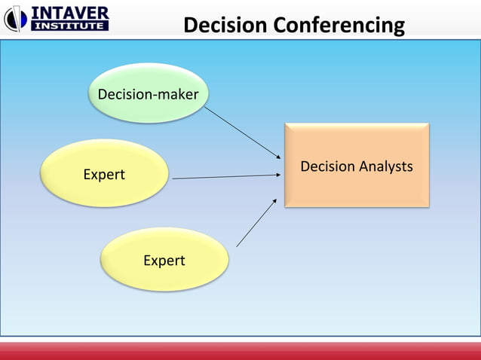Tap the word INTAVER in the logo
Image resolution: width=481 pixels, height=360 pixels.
point(69,12)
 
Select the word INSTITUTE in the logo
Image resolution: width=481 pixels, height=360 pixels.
point(69,26)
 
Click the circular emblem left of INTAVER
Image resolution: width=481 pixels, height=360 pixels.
point(15,19)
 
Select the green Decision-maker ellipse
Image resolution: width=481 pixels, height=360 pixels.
point(149,93)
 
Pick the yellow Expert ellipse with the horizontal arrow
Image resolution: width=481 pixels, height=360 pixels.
point(103,173)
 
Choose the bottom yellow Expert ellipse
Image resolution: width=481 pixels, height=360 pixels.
point(164,260)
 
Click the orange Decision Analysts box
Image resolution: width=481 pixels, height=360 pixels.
point(356,166)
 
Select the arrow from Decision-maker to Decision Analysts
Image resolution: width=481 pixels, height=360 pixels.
point(240,133)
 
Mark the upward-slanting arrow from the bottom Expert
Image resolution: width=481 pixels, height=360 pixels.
point(256,223)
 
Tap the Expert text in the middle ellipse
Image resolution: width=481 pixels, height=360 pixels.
point(104,175)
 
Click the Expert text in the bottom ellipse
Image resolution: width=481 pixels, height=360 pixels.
point(164,261)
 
